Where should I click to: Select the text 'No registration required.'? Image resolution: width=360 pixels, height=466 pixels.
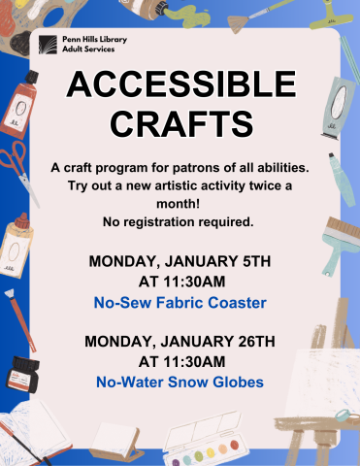180,221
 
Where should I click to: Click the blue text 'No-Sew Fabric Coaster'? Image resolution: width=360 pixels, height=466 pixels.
180,303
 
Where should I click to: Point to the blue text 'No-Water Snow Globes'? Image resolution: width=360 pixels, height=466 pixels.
180,382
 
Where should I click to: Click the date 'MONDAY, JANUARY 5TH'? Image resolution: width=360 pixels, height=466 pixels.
180,262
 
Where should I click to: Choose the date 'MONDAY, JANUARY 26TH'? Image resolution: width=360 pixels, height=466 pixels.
180,342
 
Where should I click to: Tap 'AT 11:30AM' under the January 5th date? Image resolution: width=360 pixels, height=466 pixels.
180,283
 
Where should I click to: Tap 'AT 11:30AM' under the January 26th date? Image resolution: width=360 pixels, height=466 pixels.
180,361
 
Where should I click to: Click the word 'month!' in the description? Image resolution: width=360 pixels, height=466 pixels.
180,204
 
